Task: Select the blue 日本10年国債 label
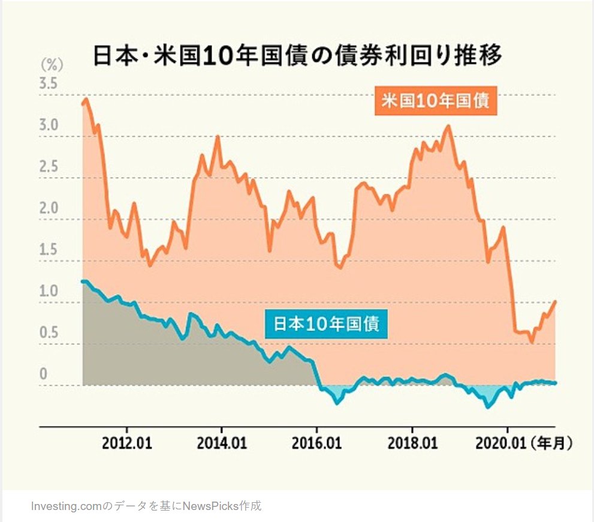coord(326,324)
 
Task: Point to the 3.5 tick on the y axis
coord(48,84)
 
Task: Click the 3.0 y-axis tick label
coord(48,126)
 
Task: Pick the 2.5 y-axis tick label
coord(48,167)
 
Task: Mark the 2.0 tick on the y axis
coord(48,209)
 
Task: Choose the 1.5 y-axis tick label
coord(48,250)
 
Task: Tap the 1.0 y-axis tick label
coord(48,292)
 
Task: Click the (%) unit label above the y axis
coord(51,64)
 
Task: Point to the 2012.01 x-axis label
coord(127,444)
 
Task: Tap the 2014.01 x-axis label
coord(222,444)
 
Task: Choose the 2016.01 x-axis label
coord(317,444)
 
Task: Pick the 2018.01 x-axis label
coord(412,444)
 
